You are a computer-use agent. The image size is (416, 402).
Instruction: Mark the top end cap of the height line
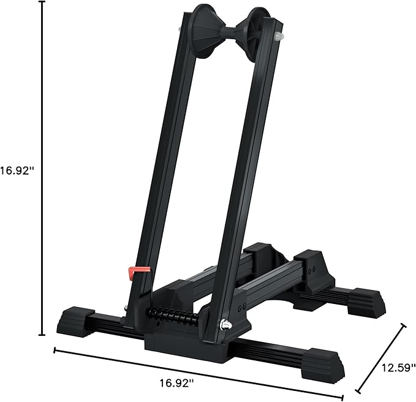[x=42, y=2]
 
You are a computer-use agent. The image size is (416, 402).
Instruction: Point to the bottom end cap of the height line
[x=42, y=335]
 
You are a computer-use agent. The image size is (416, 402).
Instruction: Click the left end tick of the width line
[x=55, y=351]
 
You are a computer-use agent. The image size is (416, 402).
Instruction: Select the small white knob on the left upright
[x=178, y=29]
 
